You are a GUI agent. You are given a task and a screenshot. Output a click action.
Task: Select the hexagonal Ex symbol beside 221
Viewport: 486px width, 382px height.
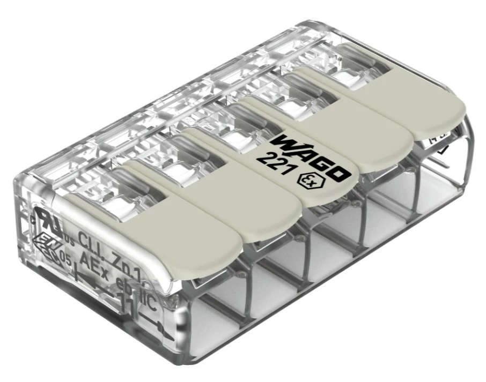point(301,181)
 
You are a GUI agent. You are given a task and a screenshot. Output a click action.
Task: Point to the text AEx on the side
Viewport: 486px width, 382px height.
point(92,260)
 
